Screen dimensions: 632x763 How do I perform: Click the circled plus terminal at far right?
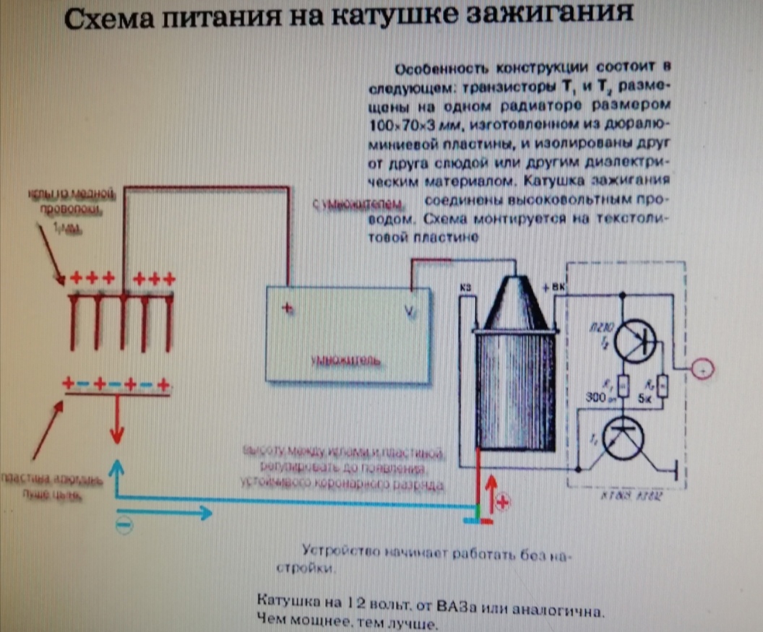pos(702,370)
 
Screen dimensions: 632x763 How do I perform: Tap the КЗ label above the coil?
pos(465,290)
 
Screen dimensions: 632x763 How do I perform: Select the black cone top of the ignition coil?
pos(516,304)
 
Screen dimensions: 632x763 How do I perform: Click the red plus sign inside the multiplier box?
pos(287,308)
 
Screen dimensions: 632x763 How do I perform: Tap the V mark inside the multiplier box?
pos(410,311)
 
